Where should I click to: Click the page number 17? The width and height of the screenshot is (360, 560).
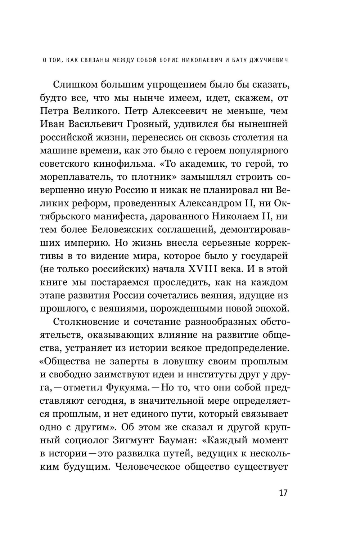coord(283,493)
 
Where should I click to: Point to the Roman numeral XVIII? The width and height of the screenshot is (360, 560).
coord(210,269)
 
